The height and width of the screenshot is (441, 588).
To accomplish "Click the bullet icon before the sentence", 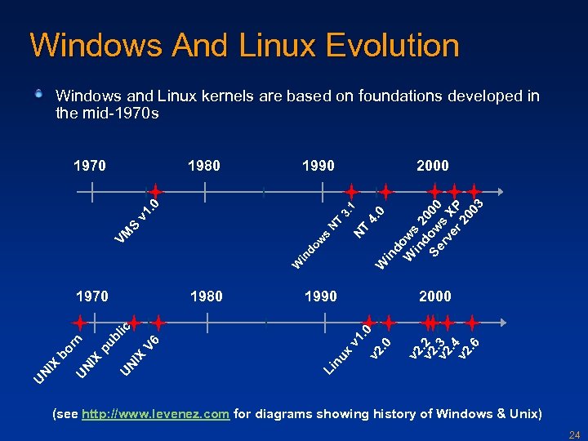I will click(x=38, y=95).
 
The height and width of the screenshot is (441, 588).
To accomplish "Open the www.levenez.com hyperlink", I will click(x=156, y=414).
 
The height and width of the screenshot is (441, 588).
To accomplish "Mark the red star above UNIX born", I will click(x=80, y=323).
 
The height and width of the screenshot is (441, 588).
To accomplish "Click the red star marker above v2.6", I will click(x=471, y=323).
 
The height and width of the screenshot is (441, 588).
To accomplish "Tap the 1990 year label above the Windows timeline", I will click(x=318, y=166).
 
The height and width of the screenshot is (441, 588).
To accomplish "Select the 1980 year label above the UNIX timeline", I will click(x=206, y=296).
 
